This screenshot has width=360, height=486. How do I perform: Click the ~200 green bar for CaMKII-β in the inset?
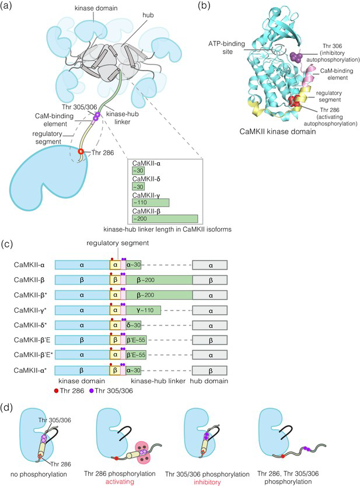click(165, 219)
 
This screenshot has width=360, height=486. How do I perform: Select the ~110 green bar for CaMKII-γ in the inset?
click(151, 202)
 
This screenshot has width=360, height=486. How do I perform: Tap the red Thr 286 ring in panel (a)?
click(81, 152)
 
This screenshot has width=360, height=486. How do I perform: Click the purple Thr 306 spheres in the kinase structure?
click(297, 57)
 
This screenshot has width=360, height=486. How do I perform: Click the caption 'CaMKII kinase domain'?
click(278, 131)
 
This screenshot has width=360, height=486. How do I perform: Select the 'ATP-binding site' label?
click(226, 48)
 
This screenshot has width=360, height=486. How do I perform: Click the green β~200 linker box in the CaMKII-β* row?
click(159, 295)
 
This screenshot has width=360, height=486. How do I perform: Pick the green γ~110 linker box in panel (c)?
click(144, 310)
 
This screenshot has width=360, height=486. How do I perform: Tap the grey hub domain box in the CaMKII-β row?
click(210, 280)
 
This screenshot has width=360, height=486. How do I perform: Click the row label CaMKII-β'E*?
click(33, 355)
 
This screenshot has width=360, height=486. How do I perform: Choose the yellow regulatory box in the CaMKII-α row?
click(115, 265)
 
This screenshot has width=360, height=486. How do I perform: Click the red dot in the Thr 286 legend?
click(57, 391)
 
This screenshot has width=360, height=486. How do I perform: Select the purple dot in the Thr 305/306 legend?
click(92, 391)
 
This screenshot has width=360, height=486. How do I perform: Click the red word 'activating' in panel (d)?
click(120, 482)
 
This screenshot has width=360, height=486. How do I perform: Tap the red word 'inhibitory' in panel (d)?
click(207, 482)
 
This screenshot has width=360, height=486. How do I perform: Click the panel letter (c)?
click(6, 244)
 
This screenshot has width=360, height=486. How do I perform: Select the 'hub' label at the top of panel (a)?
click(148, 15)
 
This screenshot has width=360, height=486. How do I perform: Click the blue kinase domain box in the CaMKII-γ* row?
click(82, 310)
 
